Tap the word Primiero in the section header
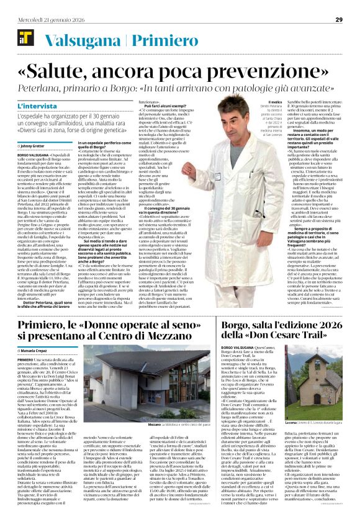coord(156,39)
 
